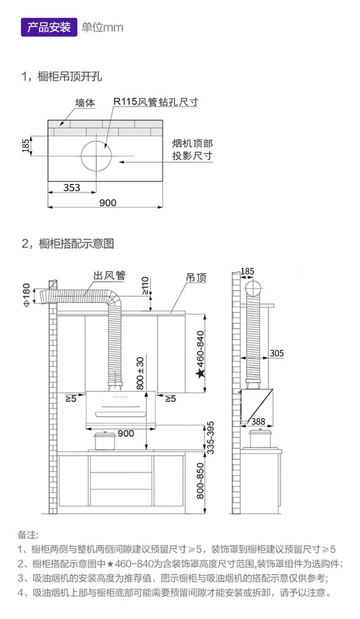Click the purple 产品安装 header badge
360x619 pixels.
click(x=49, y=27)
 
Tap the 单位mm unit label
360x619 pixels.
click(x=103, y=27)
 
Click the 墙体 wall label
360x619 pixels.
click(x=85, y=103)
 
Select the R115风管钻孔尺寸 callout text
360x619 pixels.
click(x=156, y=102)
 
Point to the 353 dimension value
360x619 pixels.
click(x=72, y=187)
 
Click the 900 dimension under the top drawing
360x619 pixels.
click(x=108, y=203)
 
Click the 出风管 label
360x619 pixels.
click(x=109, y=276)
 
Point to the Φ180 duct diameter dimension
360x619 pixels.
click(x=26, y=295)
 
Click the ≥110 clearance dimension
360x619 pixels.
click(x=145, y=286)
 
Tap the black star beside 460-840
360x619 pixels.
click(x=200, y=374)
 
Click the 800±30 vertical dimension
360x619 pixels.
click(x=140, y=373)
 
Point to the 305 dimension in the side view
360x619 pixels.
click(x=277, y=353)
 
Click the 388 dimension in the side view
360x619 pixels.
click(x=258, y=422)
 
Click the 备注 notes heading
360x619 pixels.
click(x=28, y=534)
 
